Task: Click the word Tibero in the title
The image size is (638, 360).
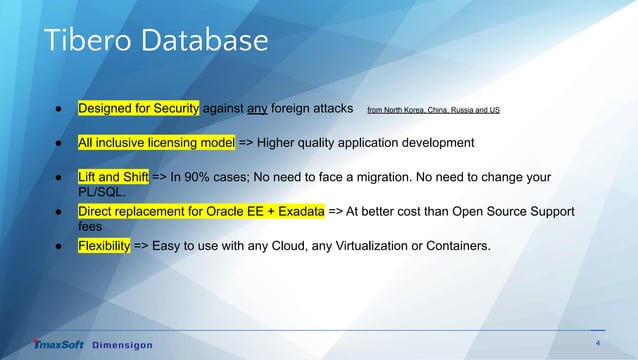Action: pos(77,40)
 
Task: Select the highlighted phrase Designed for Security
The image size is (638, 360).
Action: pos(139,107)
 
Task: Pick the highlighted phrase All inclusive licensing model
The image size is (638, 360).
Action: pos(157,142)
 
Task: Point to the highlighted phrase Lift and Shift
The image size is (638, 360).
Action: pos(113,177)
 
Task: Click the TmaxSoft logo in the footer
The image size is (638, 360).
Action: pos(58,345)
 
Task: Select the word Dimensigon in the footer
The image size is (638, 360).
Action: pos(123,345)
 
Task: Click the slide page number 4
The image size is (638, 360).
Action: pos(597,343)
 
